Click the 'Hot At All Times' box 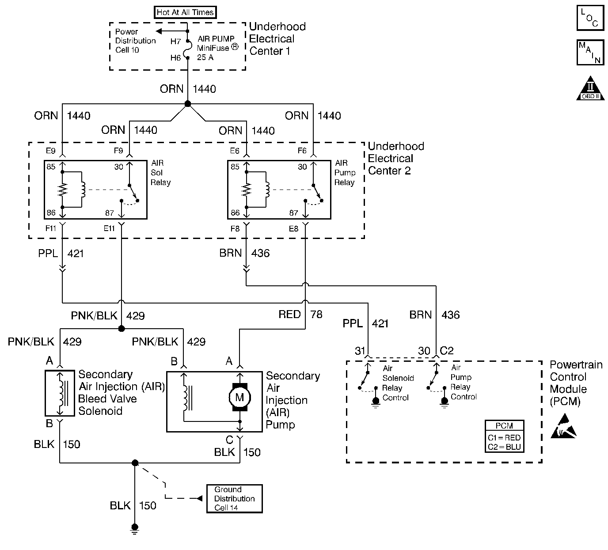(x=186, y=12)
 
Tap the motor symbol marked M (x=239, y=397)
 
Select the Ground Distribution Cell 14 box (x=234, y=498)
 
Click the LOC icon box (x=590, y=18)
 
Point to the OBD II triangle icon (x=590, y=90)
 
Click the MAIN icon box (x=590, y=53)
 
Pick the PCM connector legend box (x=504, y=436)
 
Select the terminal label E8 (x=293, y=229)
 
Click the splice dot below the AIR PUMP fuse (x=187, y=104)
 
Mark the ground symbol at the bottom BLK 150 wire (x=135, y=527)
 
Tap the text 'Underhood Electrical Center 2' (x=395, y=158)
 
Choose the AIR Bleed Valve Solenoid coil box (x=60, y=393)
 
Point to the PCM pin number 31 (x=360, y=351)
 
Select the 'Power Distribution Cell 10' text (x=135, y=41)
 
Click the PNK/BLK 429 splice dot (x=121, y=329)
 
